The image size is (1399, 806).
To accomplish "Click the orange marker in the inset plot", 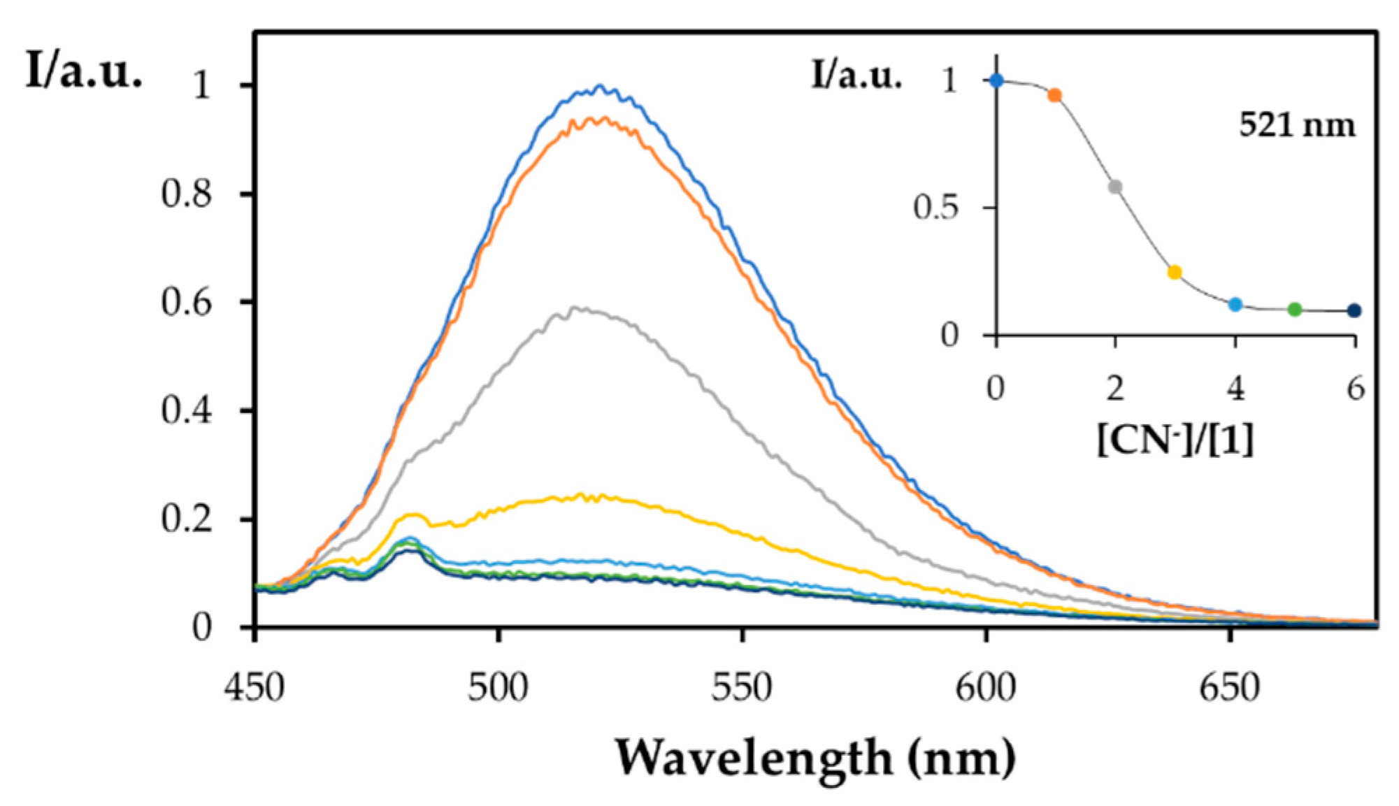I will click(1055, 95).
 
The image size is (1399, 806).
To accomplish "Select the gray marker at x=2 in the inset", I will click(1116, 187).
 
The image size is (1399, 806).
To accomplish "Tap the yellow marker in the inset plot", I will click(1175, 272).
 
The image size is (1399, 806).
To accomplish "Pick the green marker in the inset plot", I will click(1294, 309).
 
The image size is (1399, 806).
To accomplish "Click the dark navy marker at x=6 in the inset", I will click(1354, 310).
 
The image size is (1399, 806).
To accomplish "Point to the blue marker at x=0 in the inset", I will click(996, 80).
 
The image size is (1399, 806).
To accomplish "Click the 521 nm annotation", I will click(1297, 126).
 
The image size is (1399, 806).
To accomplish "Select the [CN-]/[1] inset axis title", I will click(1175, 440).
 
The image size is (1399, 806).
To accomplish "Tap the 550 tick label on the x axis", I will click(742, 688).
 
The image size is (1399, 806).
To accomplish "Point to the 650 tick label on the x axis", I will click(1229, 688).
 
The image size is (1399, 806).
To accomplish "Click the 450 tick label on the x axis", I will click(254, 688).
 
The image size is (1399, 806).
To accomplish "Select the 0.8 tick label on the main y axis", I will click(186, 194).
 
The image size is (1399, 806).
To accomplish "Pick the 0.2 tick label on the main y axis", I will click(186, 519).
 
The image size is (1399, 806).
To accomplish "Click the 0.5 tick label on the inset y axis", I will click(935, 208).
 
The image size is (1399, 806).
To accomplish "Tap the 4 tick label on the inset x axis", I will click(1235, 389).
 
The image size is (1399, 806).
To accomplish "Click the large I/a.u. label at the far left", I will click(84, 71).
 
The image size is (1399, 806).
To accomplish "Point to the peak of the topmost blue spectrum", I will click(600, 86).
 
